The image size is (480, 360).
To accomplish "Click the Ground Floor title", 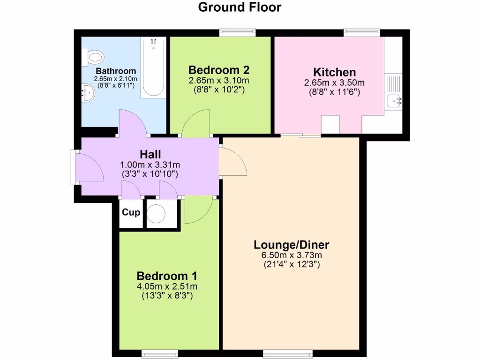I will click(240, 7).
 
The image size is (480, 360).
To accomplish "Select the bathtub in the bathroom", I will click(153, 68).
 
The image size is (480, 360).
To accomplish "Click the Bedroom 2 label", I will click(218, 70).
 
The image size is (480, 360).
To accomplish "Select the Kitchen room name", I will click(334, 72).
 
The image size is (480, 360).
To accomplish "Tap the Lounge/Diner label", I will click(291, 245).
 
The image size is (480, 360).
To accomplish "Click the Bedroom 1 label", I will click(166, 276).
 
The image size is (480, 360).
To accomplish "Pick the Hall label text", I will click(150, 154).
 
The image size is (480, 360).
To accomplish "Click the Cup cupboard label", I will click(131, 212).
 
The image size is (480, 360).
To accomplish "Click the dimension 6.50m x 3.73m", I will click(291, 255).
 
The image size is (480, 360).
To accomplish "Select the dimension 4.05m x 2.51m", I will click(166, 286).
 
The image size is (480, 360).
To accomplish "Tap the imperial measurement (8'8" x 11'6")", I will click(334, 92).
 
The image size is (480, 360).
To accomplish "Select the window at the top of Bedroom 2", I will click(238, 32).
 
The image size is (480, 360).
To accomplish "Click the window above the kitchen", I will click(361, 32).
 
